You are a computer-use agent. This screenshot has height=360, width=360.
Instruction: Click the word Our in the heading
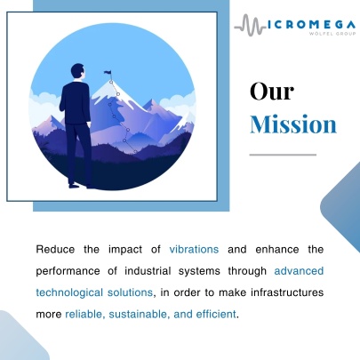272,92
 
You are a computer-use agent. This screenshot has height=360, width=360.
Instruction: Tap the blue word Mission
293,124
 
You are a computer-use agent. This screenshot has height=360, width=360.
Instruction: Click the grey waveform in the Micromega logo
250,25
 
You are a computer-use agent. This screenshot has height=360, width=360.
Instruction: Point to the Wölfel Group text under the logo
332,34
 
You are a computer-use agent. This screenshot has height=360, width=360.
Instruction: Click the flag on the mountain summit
108,73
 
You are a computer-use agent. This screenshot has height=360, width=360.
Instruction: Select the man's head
78,71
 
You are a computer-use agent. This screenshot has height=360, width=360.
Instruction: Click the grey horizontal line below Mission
283,155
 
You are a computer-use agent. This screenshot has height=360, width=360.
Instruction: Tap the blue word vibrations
194,249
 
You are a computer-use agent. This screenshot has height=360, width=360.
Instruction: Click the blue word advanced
299,271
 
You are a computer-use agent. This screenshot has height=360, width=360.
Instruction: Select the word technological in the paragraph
69,292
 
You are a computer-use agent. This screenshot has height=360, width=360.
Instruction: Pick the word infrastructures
287,292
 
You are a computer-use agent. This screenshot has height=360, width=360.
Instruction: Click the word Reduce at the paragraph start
55,249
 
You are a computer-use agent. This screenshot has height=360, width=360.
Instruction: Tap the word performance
68,271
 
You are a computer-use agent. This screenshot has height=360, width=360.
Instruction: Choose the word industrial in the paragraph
148,271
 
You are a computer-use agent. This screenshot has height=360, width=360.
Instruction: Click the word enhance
277,249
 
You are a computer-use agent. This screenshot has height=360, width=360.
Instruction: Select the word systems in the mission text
199,271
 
